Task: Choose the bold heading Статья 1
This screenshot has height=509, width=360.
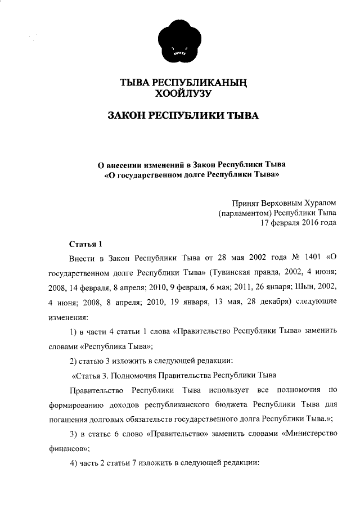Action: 85,244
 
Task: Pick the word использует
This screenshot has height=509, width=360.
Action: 218,390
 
